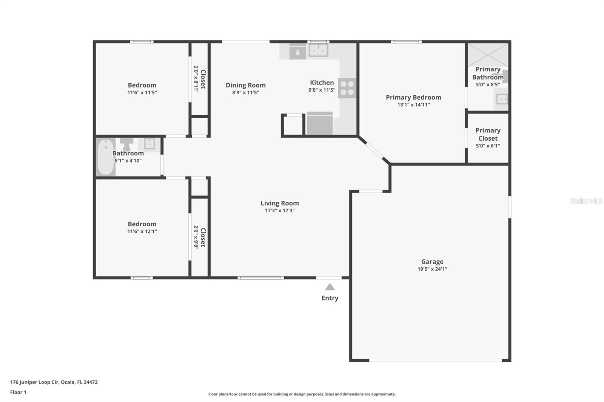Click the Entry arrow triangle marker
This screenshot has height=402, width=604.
tap(330, 287)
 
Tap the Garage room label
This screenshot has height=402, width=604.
tap(432, 261)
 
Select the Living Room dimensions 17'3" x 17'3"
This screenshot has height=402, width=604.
tap(280, 210)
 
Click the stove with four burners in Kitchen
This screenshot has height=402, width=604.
tap(347, 88)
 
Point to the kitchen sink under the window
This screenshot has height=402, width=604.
tap(319, 51)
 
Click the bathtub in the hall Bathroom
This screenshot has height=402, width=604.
tap(106, 157)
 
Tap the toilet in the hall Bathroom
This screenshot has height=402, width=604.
tap(126, 144)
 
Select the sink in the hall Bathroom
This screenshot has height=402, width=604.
tap(149, 144)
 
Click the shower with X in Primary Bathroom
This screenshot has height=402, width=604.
tap(488, 55)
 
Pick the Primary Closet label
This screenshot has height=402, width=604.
tap(488, 134)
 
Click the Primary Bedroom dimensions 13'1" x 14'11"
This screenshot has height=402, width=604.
tap(413, 104)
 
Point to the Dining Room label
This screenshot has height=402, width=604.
tap(245, 85)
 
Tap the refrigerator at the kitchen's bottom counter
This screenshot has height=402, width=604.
tap(320, 123)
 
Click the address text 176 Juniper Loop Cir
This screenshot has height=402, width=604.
tap(34, 382)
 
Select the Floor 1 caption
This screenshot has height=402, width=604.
tap(18, 392)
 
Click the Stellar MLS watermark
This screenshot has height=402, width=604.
tap(586, 201)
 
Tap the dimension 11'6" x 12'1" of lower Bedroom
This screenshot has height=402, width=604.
tap(142, 231)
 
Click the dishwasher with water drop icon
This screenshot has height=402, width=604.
tap(297, 52)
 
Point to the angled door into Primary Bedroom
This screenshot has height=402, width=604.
tap(374, 150)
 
